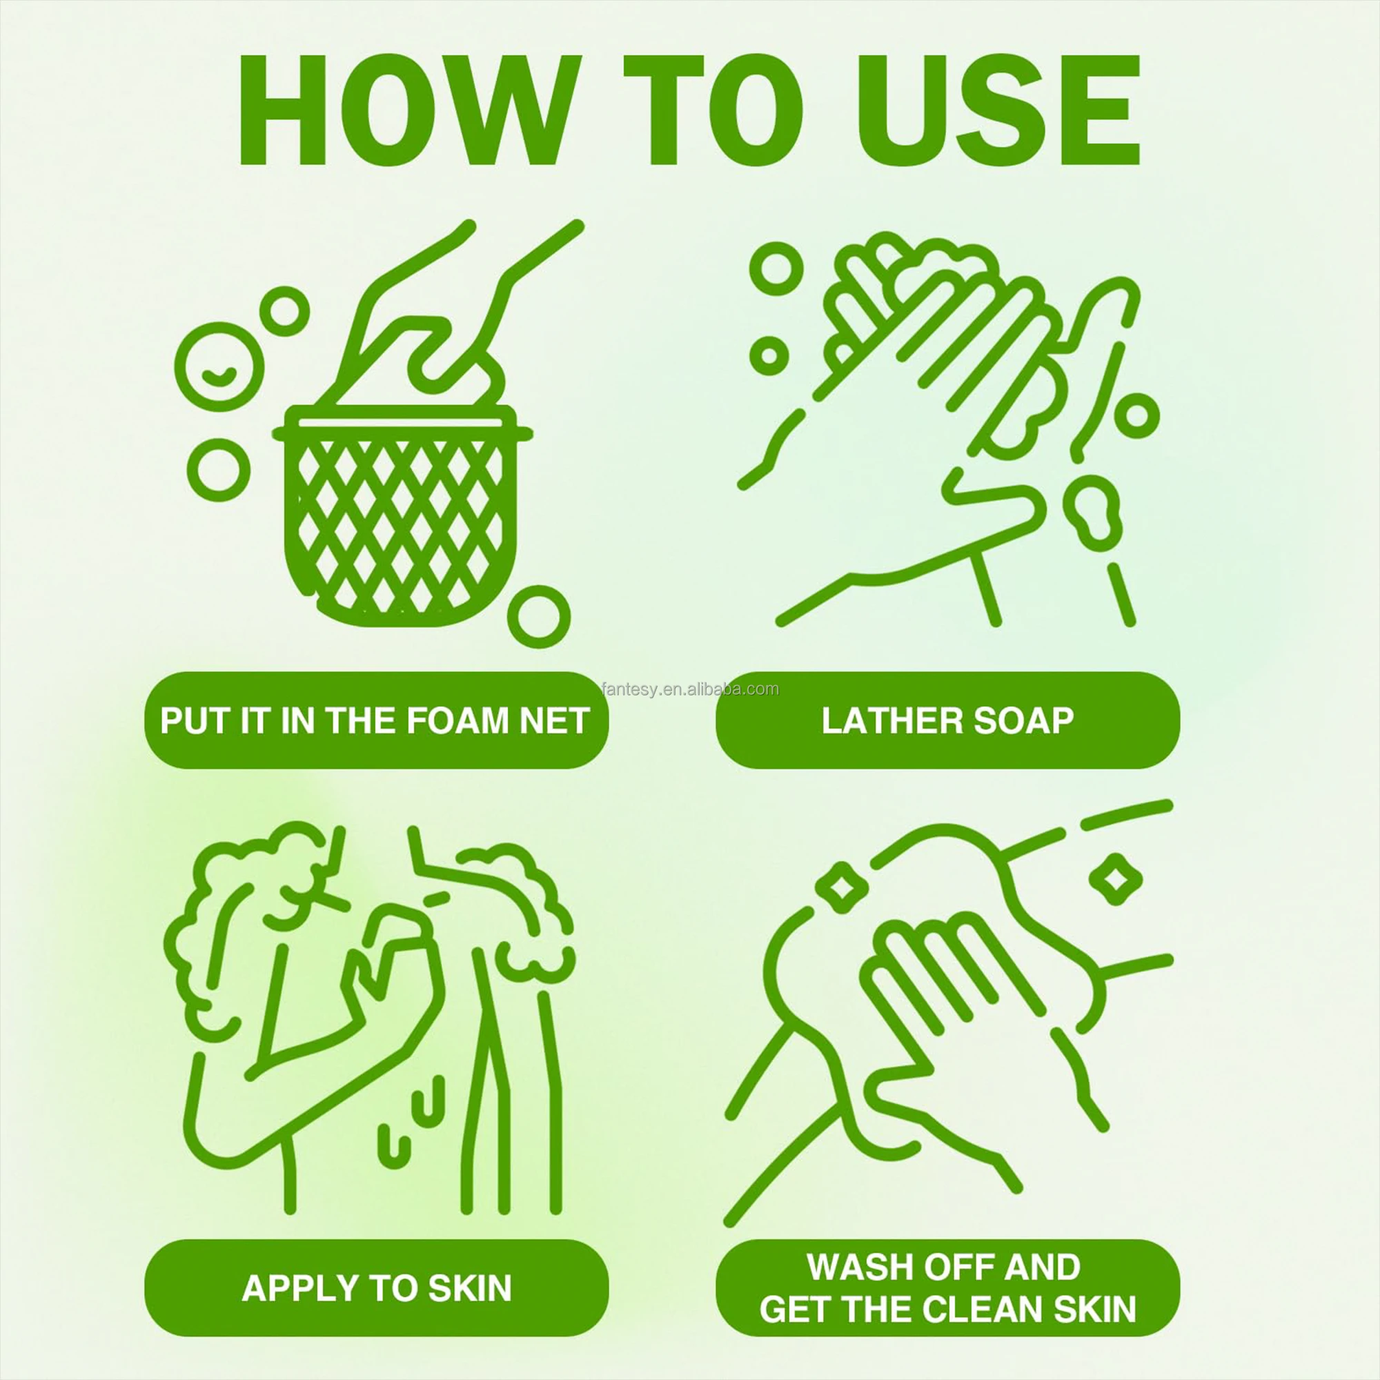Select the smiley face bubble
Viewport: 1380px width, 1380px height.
click(219, 367)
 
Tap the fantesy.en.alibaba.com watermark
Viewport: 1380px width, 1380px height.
click(689, 689)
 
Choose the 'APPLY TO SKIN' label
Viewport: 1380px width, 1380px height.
click(377, 1288)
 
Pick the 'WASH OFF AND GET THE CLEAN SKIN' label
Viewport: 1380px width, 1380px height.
click(947, 1288)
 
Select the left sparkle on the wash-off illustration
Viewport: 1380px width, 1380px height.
click(844, 886)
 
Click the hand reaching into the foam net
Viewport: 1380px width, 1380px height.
click(443, 314)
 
